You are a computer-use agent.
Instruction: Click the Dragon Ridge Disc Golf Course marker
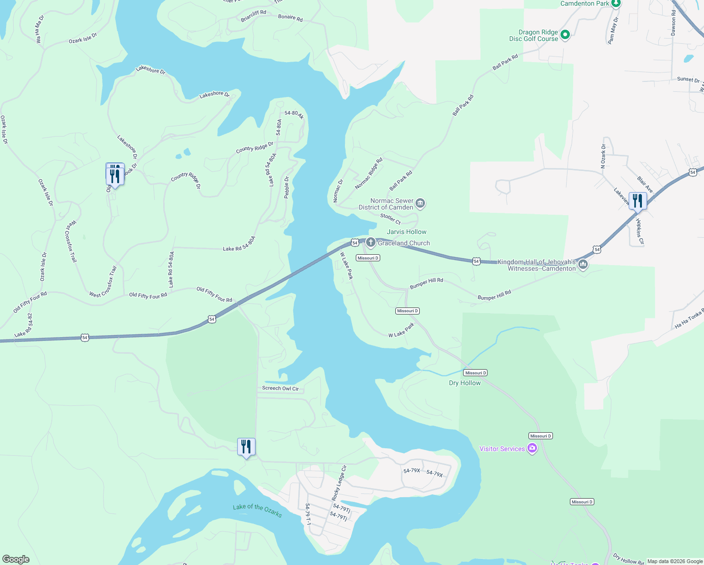(x=565, y=35)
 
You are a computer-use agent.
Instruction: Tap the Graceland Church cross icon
(x=371, y=242)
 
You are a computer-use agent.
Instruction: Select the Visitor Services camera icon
(x=532, y=448)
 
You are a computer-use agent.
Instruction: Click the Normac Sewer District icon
(x=420, y=203)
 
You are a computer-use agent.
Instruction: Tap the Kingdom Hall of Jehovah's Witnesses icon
(x=583, y=264)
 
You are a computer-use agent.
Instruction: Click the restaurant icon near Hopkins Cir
(x=637, y=201)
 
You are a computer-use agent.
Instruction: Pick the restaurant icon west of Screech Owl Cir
(x=247, y=446)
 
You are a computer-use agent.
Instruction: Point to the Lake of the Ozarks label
(x=257, y=510)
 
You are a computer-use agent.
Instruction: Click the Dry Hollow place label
(x=464, y=383)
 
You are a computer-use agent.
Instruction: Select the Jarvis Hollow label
(x=407, y=232)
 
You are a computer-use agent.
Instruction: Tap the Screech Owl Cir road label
(x=280, y=388)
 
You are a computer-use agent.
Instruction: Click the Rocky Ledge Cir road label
(x=339, y=483)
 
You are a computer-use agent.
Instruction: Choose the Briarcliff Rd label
(x=253, y=16)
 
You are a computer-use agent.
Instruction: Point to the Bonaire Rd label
(x=290, y=18)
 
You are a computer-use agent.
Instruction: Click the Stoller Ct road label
(x=391, y=218)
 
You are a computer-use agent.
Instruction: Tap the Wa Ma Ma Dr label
(x=40, y=29)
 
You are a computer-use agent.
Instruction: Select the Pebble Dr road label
(x=287, y=187)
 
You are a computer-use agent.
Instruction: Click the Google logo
(x=16, y=559)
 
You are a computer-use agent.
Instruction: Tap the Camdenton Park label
(x=584, y=3)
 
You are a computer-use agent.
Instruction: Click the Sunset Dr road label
(x=688, y=80)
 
